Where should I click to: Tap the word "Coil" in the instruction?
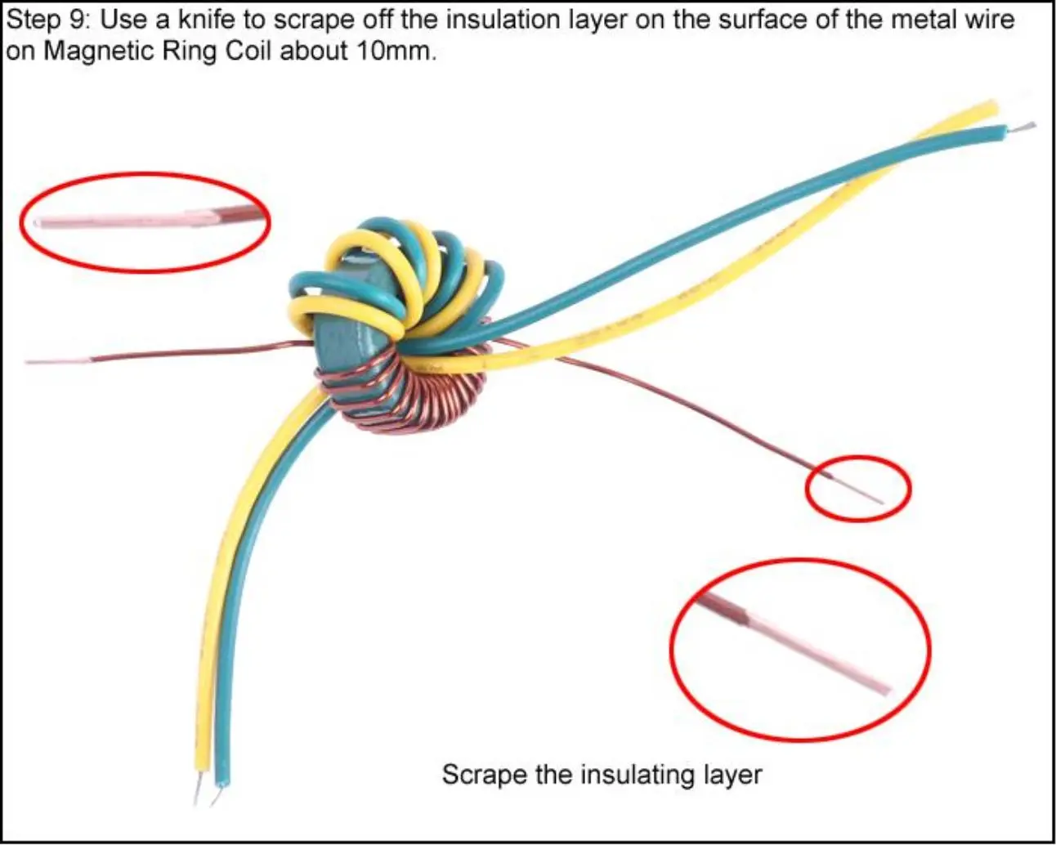[x=248, y=51]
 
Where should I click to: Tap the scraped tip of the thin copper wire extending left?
[x=57, y=362]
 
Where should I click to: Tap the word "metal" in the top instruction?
[x=927, y=20]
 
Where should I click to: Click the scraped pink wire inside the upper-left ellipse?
[x=125, y=219]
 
